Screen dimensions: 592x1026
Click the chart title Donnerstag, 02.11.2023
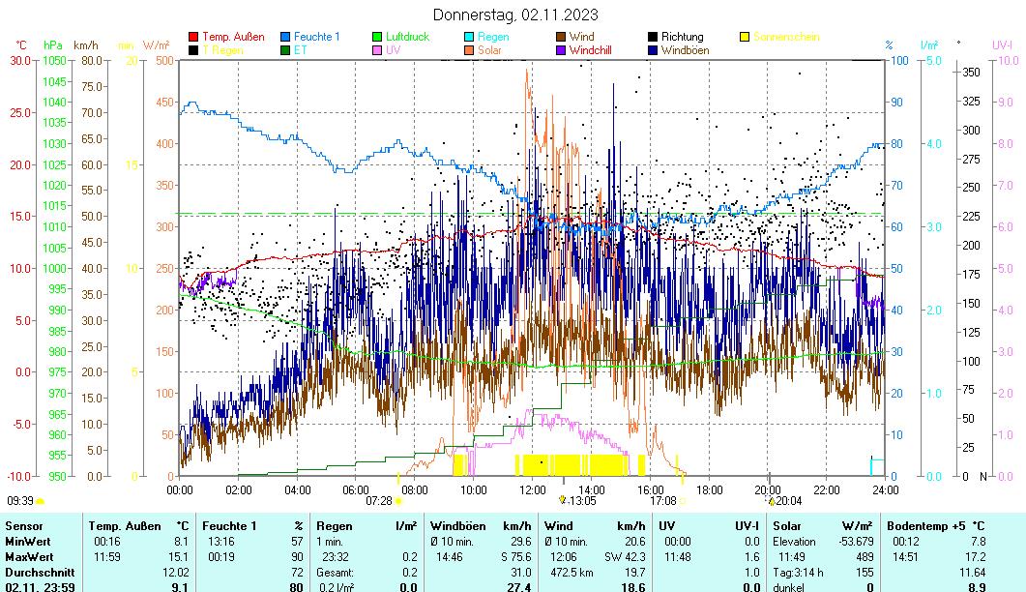pyautogui.click(x=514, y=15)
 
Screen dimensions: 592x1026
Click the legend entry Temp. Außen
pyautogui.click(x=233, y=38)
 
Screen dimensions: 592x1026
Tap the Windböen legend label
pyautogui.click(x=685, y=50)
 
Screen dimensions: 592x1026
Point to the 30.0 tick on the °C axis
pyautogui.click(x=20, y=60)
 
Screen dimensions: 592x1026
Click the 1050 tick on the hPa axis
pyautogui.click(x=54, y=60)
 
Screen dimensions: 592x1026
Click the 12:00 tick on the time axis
pyautogui.click(x=532, y=490)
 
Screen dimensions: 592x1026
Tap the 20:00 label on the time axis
pyautogui.click(x=768, y=490)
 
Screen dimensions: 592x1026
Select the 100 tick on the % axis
pyautogui.click(x=897, y=60)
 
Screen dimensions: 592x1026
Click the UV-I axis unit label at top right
pyautogui.click(x=1002, y=44)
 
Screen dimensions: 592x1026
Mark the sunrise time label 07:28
pyautogui.click(x=379, y=501)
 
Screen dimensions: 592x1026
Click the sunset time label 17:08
pyautogui.click(x=662, y=501)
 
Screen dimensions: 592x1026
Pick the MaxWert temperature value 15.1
pyautogui.click(x=180, y=558)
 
